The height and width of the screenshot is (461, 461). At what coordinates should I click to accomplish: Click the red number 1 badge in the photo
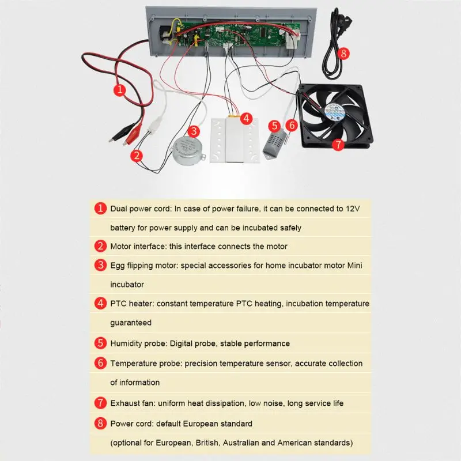click(x=119, y=89)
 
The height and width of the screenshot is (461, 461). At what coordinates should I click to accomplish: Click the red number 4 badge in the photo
click(x=246, y=119)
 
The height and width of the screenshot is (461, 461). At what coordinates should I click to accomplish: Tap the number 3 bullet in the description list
click(x=101, y=265)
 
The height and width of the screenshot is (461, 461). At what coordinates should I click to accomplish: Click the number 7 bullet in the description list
click(x=101, y=403)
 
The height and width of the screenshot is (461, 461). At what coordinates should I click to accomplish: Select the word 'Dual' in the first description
click(x=120, y=207)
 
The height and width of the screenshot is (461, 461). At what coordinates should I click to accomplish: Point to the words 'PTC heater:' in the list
click(x=132, y=303)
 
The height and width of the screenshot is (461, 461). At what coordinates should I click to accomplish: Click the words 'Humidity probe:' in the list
click(x=139, y=343)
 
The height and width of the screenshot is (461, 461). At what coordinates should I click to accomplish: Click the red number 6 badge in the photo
click(x=292, y=124)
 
